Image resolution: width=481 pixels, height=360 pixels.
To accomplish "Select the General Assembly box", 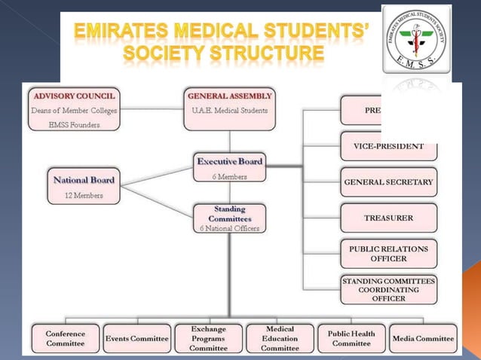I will click(230, 108).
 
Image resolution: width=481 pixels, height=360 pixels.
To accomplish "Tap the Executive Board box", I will click(230, 167).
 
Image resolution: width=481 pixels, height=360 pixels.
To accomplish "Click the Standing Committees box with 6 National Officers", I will click(230, 217).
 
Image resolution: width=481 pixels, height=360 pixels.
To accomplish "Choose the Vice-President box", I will click(388, 147).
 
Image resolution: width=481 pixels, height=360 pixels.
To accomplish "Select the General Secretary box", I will click(388, 182).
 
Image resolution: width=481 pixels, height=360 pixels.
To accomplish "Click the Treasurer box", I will click(388, 218).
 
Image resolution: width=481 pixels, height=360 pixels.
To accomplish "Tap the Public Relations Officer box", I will click(388, 253).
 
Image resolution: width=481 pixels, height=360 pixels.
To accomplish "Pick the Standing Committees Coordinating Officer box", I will click(388, 289).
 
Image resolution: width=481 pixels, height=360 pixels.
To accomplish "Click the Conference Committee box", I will click(65, 338).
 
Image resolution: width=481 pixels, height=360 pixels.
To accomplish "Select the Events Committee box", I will click(136, 338).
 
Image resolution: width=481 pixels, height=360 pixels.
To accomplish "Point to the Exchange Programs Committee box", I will click(208, 338).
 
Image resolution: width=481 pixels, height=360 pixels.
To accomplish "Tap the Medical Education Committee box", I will click(280, 338).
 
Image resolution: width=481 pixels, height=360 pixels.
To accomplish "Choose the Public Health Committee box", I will click(351, 338).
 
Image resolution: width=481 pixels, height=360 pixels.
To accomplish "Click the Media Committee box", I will click(424, 338).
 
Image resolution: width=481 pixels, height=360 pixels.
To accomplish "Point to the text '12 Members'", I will click(82, 195).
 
